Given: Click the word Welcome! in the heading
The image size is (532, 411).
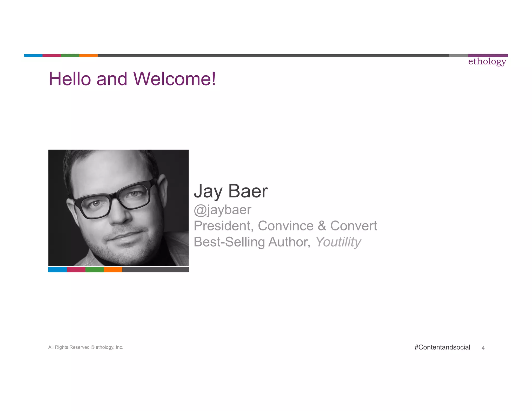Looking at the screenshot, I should [x=174, y=79].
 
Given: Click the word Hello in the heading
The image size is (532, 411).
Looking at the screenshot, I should [x=70, y=79].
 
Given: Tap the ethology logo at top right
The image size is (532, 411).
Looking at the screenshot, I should [x=487, y=62].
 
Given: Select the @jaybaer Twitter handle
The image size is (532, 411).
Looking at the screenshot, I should [x=223, y=210].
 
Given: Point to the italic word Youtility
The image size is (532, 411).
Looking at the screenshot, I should [x=338, y=242].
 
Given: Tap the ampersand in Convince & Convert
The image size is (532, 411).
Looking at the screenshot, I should [x=322, y=226].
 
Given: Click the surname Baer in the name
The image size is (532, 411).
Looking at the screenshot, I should [x=248, y=191].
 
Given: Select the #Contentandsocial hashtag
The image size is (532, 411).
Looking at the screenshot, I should [x=442, y=347].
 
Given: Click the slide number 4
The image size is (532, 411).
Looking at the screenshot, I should [x=483, y=348].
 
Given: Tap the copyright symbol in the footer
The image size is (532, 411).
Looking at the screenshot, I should [x=92, y=347].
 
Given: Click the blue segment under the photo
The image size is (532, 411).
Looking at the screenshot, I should [x=57, y=270].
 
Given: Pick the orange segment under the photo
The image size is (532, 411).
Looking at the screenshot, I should [x=113, y=270].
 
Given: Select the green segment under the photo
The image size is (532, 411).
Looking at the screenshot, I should [x=95, y=270].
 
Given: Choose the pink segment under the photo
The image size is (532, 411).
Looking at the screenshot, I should [x=76, y=270].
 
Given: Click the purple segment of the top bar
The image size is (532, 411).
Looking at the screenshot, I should [x=488, y=55].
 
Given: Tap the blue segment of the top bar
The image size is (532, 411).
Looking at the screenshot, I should [x=33, y=55].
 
